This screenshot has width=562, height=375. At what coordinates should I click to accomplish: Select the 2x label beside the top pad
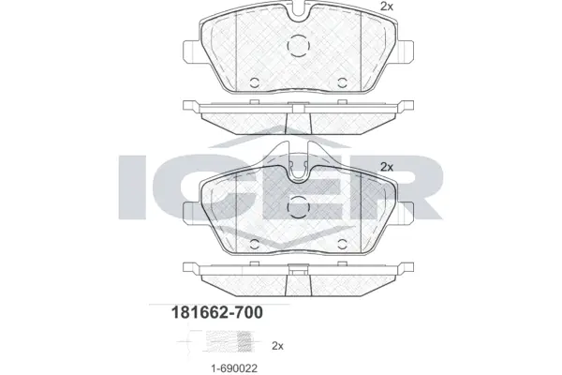pyautogui.click(x=386, y=7)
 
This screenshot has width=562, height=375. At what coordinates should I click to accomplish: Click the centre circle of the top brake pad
pyautogui.click(x=298, y=46)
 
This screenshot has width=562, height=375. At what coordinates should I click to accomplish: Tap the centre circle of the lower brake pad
pyautogui.click(x=298, y=208)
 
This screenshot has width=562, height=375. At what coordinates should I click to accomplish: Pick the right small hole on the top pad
pyautogui.click(x=340, y=80)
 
